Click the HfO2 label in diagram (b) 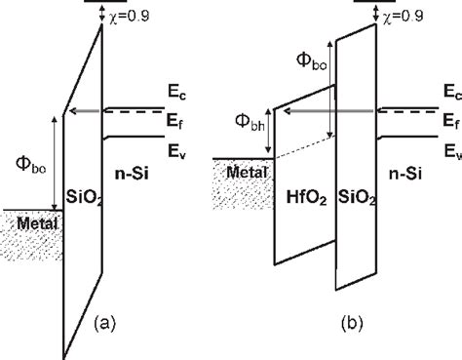[x=306, y=198]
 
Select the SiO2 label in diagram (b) [x=357, y=198]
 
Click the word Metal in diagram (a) [x=37, y=223]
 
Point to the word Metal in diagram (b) [x=247, y=172]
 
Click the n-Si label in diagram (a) [x=132, y=174]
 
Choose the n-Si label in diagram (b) [x=405, y=174]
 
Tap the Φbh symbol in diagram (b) [x=250, y=123]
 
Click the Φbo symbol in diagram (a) [x=31, y=165]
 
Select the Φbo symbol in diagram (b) [x=312, y=61]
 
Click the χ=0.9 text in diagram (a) [x=130, y=16]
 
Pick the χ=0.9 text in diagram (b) [x=404, y=16]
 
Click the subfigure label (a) [x=104, y=323]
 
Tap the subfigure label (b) [x=352, y=323]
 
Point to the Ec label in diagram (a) [x=176, y=93]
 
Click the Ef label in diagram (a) [x=174, y=122]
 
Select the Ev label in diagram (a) [x=176, y=151]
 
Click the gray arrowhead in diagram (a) [x=74, y=111]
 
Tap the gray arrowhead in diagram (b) [x=288, y=111]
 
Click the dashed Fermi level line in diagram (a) [x=135, y=111]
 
